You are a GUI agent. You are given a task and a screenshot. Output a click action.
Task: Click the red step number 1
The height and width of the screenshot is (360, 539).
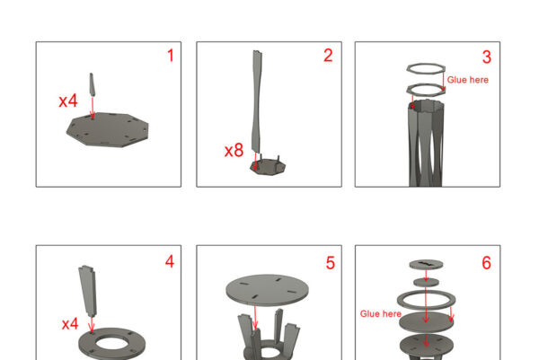(171, 56)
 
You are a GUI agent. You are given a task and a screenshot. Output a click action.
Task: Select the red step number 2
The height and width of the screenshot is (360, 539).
(328, 56)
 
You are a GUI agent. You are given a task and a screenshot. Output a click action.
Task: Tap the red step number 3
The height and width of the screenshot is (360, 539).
(487, 57)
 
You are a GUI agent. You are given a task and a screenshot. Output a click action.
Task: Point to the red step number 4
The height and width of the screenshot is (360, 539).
(170, 261)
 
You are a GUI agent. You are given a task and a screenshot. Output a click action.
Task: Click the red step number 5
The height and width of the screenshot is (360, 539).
(331, 263)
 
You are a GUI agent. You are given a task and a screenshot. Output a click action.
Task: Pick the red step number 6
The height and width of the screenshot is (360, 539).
(486, 263)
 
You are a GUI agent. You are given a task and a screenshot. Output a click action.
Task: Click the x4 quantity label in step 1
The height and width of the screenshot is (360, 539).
(68, 101)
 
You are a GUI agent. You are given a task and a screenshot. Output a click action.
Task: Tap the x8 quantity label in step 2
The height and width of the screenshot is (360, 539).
(234, 151)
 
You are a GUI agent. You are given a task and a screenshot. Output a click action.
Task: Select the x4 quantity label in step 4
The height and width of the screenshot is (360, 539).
(70, 324)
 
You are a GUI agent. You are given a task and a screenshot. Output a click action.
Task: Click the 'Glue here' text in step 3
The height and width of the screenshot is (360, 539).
(467, 80)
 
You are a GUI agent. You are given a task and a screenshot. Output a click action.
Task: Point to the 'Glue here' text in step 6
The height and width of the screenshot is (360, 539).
(381, 314)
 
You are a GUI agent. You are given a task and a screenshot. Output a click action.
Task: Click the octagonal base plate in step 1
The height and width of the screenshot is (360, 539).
(108, 130)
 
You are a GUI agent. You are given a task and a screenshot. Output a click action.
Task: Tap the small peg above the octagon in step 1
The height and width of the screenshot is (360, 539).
(93, 84)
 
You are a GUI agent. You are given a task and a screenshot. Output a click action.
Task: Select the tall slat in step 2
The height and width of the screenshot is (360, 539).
(256, 101)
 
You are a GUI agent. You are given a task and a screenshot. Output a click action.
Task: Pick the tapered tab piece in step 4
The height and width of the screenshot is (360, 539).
(88, 290)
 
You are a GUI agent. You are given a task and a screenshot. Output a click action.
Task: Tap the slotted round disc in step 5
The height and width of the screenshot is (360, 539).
(267, 289)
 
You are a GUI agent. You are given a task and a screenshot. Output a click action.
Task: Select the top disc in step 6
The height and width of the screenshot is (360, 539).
(426, 264)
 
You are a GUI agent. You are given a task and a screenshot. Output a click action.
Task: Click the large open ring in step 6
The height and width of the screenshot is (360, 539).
(426, 292)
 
